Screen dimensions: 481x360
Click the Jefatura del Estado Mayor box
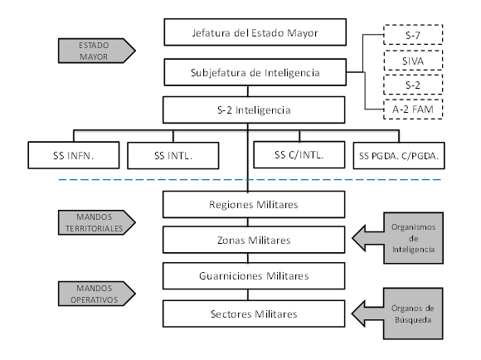[255, 32]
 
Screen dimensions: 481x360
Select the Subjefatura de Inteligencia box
[255, 72]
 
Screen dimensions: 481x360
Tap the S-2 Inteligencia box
[254, 109]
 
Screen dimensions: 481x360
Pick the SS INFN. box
[74, 155]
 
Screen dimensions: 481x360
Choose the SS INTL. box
[173, 156]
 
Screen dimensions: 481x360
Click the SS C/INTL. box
[299, 154]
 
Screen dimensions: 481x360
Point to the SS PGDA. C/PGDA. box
[399, 156]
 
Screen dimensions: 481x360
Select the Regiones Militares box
[254, 205]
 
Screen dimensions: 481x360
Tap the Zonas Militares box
[254, 240]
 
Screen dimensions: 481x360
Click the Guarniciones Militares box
[254, 276]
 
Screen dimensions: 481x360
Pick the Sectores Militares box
[254, 314]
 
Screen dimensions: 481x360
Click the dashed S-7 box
[413, 35]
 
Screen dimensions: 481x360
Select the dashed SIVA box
[413, 61]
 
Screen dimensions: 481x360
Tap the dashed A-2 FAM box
[413, 109]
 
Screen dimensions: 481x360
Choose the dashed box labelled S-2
[413, 85]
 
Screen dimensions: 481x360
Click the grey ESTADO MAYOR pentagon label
[96, 51]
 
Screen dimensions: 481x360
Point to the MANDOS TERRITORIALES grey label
[96, 222]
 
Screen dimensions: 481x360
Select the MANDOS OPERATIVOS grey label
[96, 294]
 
